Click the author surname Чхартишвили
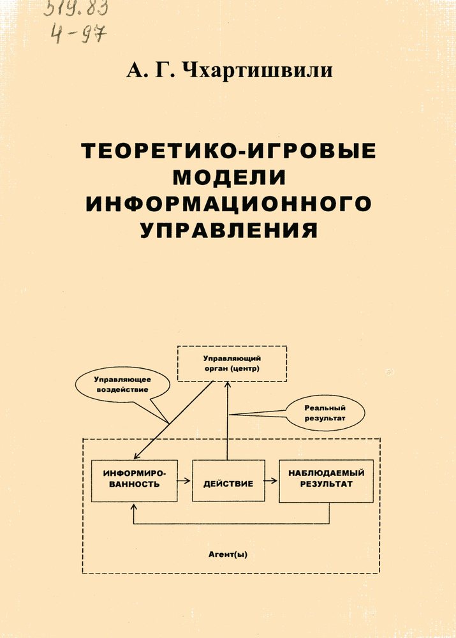click(x=257, y=70)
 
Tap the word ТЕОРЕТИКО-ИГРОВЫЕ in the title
click(x=228, y=151)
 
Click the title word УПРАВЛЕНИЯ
click(x=229, y=230)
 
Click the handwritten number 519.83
click(x=76, y=8)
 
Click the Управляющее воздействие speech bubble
click(x=122, y=385)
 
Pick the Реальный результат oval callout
click(x=325, y=413)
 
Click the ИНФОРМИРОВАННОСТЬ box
click(x=134, y=481)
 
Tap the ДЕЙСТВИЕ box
click(x=228, y=481)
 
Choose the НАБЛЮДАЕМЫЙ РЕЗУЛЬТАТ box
click(x=327, y=481)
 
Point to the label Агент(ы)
click(x=228, y=554)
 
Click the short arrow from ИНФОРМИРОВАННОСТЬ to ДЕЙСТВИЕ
click(x=184, y=480)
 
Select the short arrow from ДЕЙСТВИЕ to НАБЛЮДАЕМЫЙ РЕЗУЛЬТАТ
click(x=272, y=480)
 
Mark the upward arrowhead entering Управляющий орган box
click(x=228, y=385)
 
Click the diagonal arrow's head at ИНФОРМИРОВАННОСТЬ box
click(x=137, y=456)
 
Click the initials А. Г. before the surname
click(x=151, y=70)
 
